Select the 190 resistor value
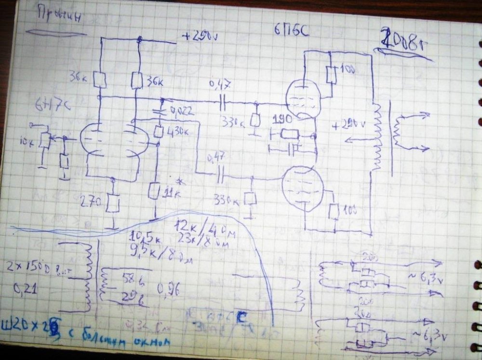(280, 120)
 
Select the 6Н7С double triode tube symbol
(115, 141)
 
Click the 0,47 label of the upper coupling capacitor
(220, 85)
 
